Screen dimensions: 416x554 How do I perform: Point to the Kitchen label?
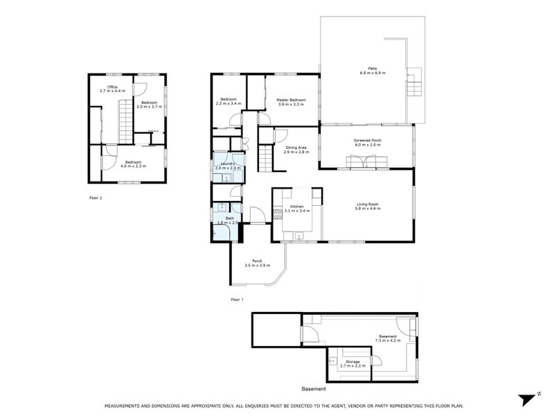click(297, 207)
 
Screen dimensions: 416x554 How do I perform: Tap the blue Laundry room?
click(227, 166)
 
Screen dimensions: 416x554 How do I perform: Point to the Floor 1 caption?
click(237, 300)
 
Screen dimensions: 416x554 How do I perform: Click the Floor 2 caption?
click(96, 198)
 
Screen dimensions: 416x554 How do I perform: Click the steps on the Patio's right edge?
click(414, 83)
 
